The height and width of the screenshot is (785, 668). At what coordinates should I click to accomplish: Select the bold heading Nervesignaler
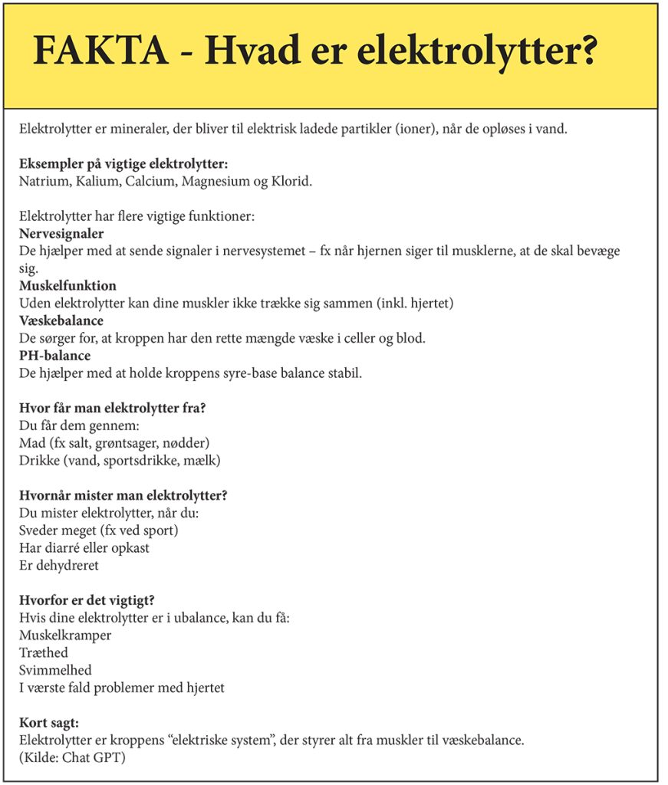[x=61, y=233]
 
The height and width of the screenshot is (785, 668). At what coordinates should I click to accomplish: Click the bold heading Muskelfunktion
[x=67, y=286]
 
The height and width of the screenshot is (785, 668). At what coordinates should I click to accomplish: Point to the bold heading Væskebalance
[x=61, y=320]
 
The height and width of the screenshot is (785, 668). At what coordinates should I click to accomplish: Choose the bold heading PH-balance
[x=54, y=356]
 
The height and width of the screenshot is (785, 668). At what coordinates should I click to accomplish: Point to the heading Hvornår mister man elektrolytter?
[x=123, y=495]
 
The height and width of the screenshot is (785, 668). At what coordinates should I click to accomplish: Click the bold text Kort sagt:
[x=48, y=723]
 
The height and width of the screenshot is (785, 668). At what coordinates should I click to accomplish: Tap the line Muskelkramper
[x=65, y=636]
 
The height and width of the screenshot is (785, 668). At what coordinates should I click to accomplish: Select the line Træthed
[x=44, y=653]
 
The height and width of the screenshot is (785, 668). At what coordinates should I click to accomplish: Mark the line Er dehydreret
[x=59, y=566]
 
